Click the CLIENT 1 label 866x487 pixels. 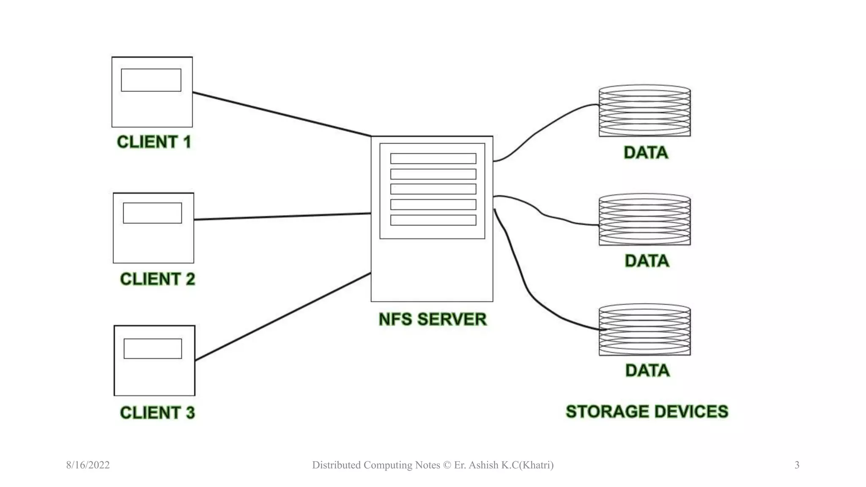pos(154,142)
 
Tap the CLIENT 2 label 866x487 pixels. pos(157,279)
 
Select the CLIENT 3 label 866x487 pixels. pos(157,413)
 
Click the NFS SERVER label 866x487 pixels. pos(432,319)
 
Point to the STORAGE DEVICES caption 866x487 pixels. pos(647,412)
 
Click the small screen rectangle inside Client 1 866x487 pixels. pos(151,80)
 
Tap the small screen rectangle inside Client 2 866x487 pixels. pos(152,213)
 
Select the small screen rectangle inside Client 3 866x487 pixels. pos(153,349)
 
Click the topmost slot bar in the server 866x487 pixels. pos(433,159)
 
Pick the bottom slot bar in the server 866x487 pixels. pos(433,220)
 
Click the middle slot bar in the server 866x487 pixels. pos(433,189)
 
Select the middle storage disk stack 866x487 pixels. pos(644,220)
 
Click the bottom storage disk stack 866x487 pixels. pos(644,330)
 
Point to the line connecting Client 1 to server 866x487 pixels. pos(281,114)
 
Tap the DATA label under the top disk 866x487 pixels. pos(646,153)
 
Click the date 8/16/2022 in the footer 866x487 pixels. pos(88,465)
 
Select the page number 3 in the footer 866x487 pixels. pos(797,465)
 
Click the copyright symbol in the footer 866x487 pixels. pos(447,465)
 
